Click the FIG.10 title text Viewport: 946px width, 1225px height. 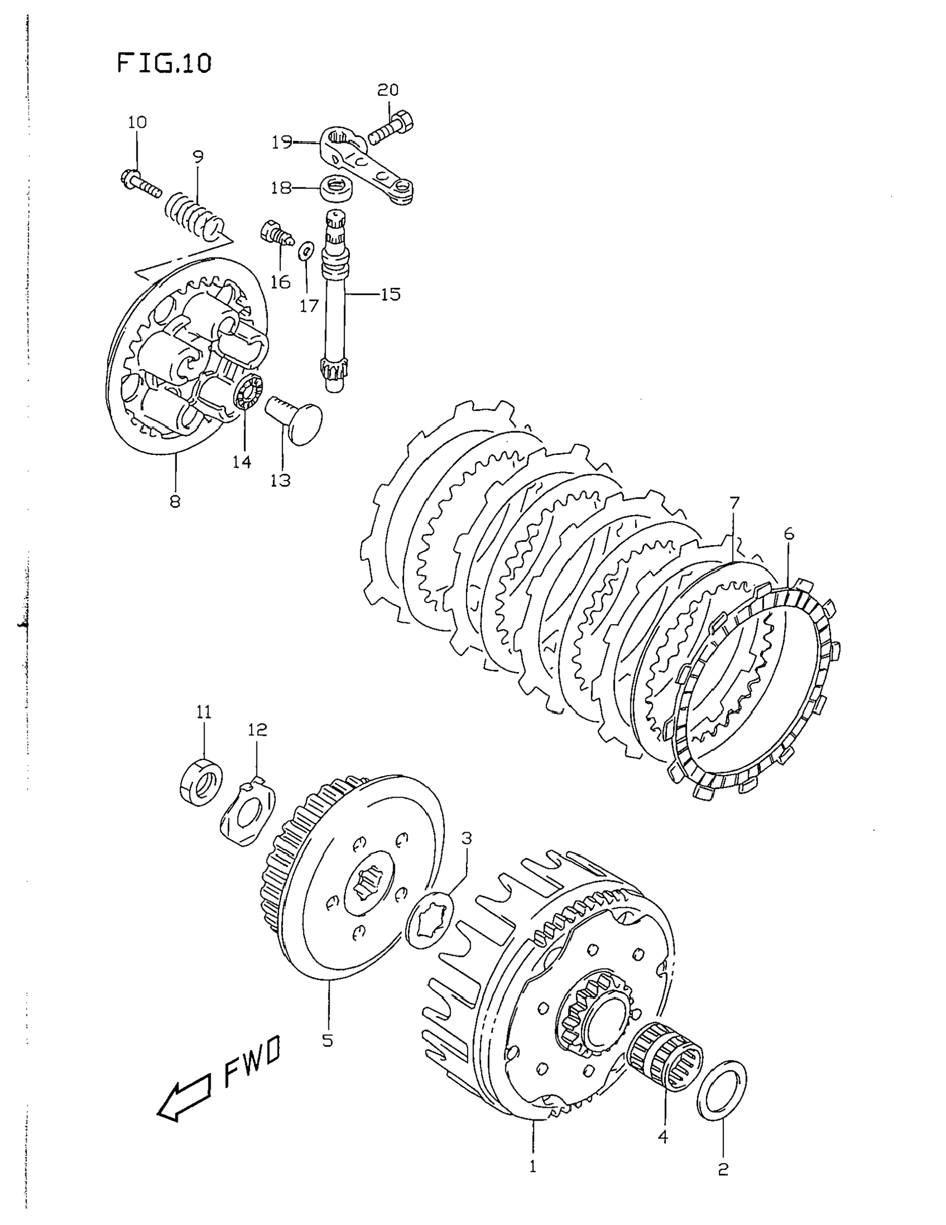pyautogui.click(x=164, y=64)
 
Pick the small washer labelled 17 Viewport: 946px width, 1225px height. pyautogui.click(x=305, y=252)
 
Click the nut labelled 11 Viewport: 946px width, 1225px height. pyautogui.click(x=201, y=780)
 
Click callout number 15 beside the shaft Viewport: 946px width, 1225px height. pyautogui.click(x=390, y=294)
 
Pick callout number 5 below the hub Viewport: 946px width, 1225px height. pyautogui.click(x=328, y=1039)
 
